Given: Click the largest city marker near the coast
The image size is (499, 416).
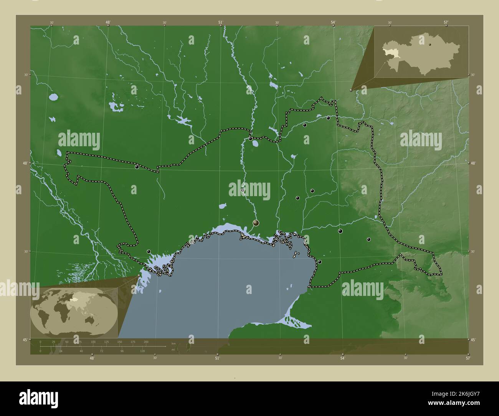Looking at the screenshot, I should point(256,223).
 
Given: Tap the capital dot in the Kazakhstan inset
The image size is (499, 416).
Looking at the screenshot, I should point(430,45).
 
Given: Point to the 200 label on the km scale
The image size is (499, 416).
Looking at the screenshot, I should point(146,342).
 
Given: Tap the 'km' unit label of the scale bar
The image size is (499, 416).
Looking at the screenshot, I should point(173,343).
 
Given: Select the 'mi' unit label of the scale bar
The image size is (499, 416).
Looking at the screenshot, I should point(173,349).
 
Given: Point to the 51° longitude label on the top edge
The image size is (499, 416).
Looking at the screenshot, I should point(220,23).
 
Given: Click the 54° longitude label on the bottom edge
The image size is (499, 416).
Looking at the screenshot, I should point(343,358).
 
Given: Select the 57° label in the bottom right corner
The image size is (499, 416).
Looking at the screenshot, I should point(468,358).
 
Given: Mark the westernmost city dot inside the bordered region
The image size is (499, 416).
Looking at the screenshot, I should point(137,167).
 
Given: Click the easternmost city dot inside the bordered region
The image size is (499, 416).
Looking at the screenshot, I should point(369,239).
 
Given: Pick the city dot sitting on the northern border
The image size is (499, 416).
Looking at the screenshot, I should point(251,139).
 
